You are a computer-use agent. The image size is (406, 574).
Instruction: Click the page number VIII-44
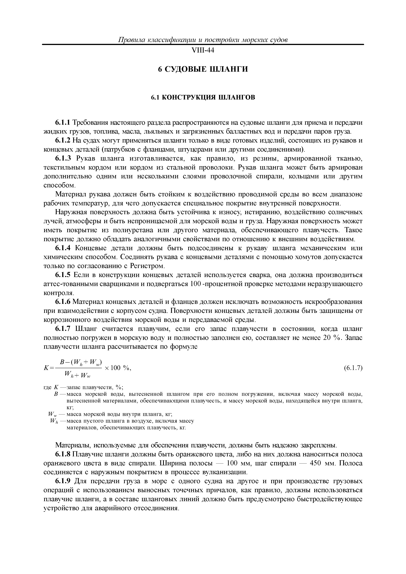coord(203,51)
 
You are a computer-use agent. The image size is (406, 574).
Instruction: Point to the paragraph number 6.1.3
coord(63,159)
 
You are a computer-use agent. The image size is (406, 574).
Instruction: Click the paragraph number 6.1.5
coord(63,275)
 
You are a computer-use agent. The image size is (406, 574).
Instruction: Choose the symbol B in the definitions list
coord(56,395)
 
